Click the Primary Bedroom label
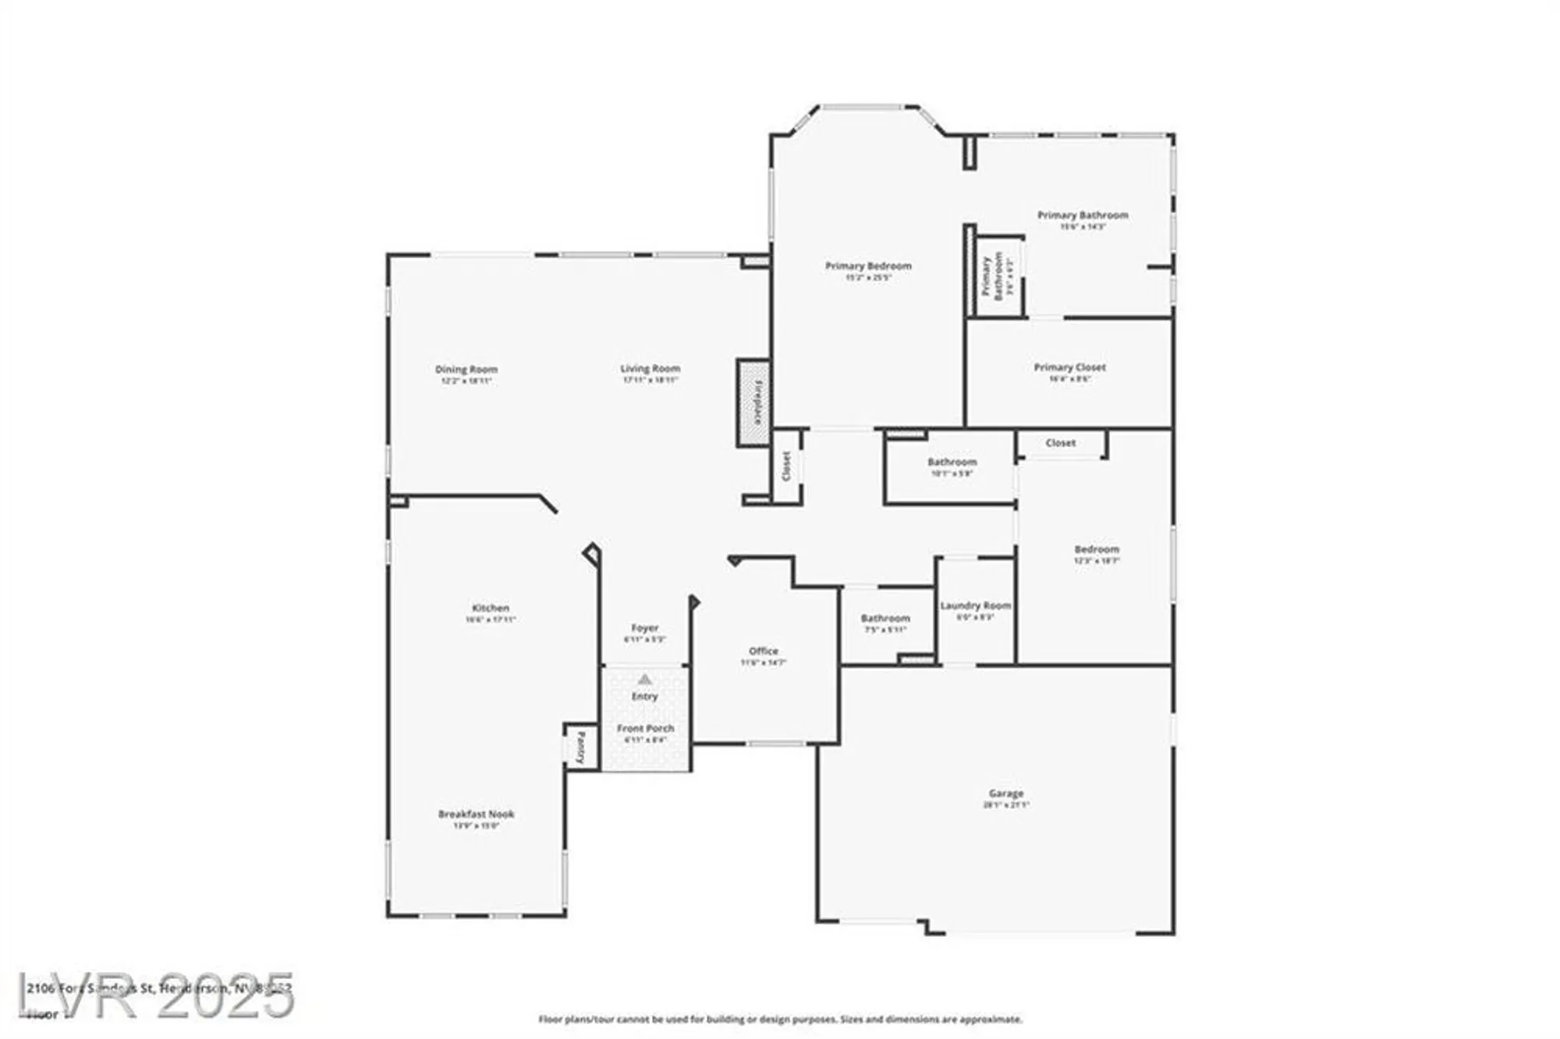pos(868,266)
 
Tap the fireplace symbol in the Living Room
pos(754,402)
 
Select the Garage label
pos(1005,793)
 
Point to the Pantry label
pos(581,747)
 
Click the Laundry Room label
pos(975,605)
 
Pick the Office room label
pos(763,651)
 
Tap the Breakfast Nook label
pos(476,814)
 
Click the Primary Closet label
pos(1069,367)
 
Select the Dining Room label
pos(466,369)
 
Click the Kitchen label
pos(491,608)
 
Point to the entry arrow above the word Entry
pos(644,679)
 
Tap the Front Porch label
pos(645,728)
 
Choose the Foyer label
pos(644,627)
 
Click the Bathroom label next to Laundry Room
pos(885,618)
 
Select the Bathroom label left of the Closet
pos(952,462)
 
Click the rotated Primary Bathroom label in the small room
pos(992,276)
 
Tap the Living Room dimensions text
pos(650,380)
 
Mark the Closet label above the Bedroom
pos(1060,442)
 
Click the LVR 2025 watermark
pos(156,995)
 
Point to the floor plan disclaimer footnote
pos(780,1019)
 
